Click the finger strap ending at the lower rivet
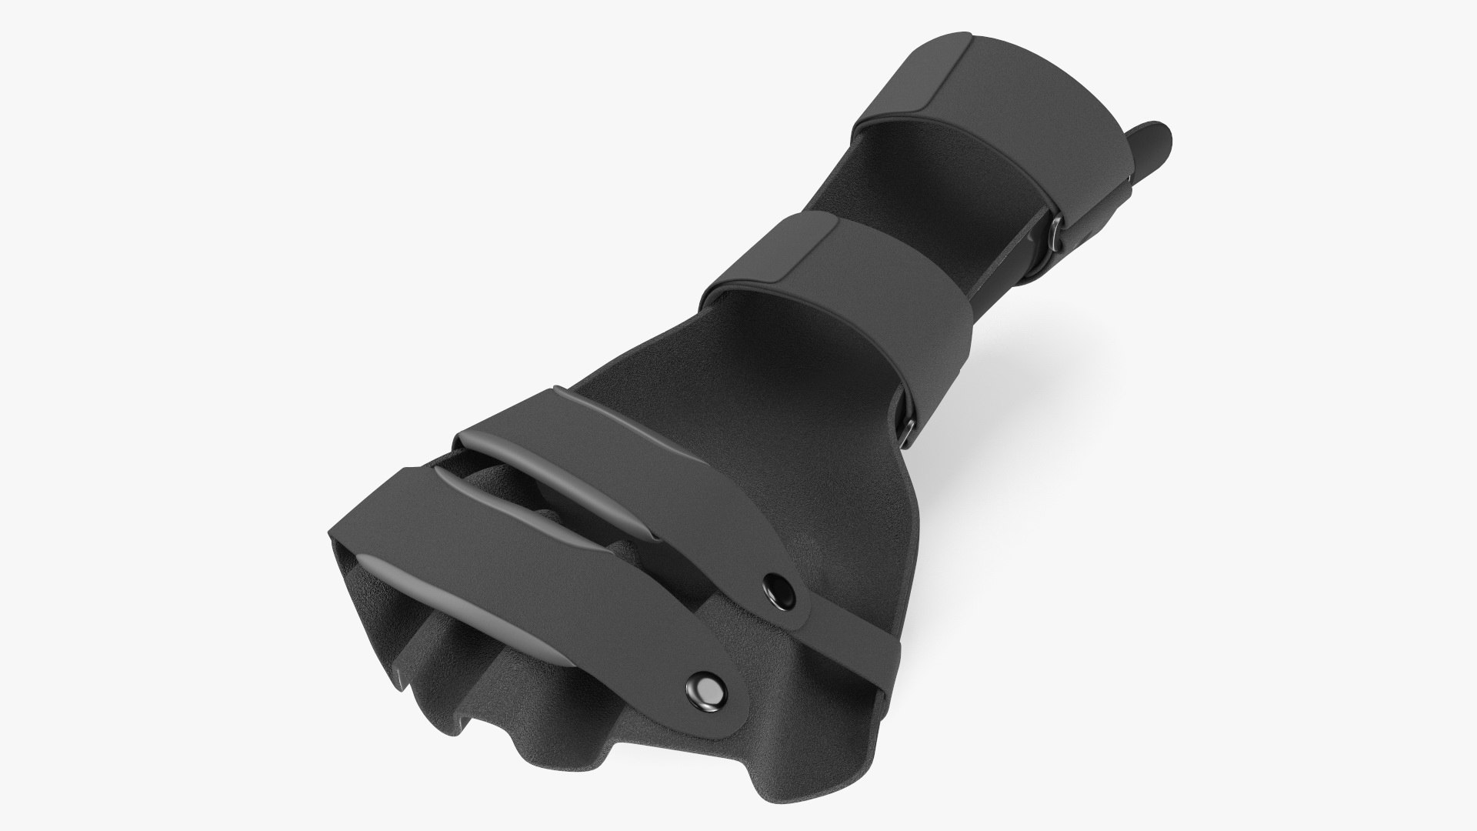click(538, 585)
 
